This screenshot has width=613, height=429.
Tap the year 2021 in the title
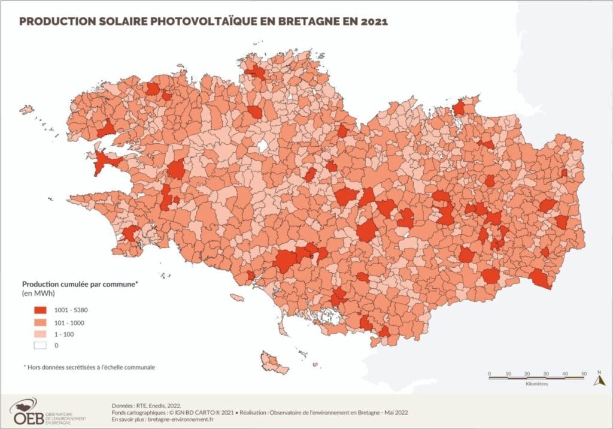(x=372, y=22)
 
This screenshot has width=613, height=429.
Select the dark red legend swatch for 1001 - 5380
(x=41, y=310)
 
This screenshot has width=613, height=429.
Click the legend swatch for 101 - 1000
(x=41, y=322)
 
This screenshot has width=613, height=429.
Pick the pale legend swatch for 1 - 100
(x=41, y=333)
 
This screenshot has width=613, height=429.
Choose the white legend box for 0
(x=41, y=345)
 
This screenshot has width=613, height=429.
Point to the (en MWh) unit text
(x=38, y=294)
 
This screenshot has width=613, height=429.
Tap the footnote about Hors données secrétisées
(x=89, y=367)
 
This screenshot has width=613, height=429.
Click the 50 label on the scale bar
(x=583, y=374)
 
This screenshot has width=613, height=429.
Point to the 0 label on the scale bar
(x=489, y=374)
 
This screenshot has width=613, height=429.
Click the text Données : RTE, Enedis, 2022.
(x=146, y=406)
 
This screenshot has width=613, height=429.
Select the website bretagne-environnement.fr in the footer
(x=180, y=420)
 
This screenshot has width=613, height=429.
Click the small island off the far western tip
(x=26, y=110)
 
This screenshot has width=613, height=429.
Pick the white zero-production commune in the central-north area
(x=262, y=146)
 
